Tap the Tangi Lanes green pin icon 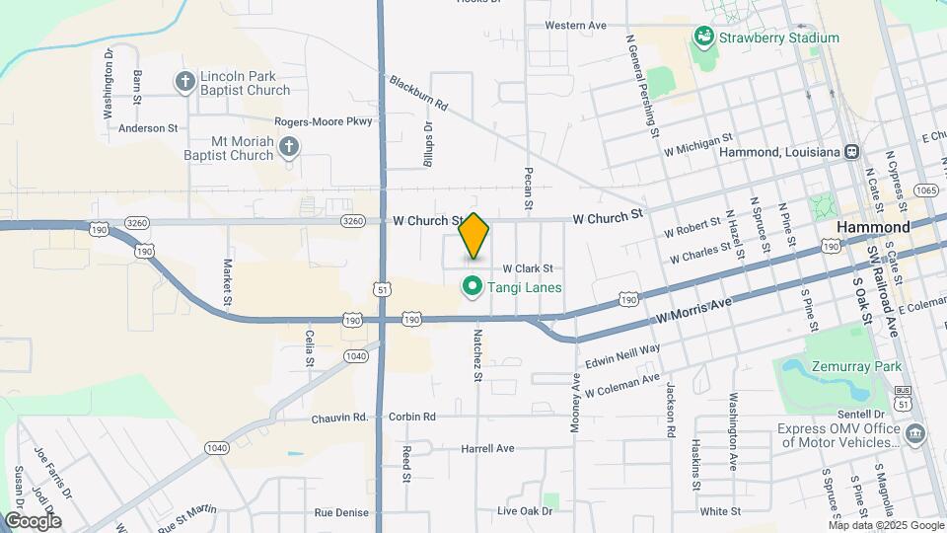coord(473,287)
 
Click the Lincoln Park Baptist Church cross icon coord(184,82)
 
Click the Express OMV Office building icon coord(914,434)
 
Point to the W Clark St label coord(528,268)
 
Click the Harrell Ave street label coord(487,448)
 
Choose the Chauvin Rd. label coord(340,418)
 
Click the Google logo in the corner coord(33,520)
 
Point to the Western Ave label coord(575,25)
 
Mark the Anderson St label coord(148,128)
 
